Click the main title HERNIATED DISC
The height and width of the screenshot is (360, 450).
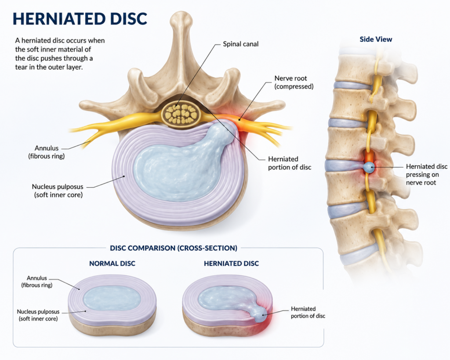80,18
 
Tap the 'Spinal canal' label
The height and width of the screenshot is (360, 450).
241,44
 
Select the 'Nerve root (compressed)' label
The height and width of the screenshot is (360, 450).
294,82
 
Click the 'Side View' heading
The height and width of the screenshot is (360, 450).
376,39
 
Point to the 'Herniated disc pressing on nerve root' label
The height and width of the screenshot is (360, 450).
426,175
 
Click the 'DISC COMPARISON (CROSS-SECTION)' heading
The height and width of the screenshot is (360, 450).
174,248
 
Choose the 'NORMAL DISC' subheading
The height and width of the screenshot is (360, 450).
112,264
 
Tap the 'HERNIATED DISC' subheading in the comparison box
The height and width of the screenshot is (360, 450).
231,264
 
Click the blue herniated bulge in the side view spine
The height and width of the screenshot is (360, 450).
369,167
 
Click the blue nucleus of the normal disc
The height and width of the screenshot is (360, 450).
112,298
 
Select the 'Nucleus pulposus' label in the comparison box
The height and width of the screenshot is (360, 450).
38,315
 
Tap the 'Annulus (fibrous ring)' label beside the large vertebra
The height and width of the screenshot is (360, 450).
47,152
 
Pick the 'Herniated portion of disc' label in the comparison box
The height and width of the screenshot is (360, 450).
308,313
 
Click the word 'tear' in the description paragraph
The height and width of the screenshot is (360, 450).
21,68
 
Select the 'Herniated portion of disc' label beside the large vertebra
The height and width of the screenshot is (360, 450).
290,163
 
